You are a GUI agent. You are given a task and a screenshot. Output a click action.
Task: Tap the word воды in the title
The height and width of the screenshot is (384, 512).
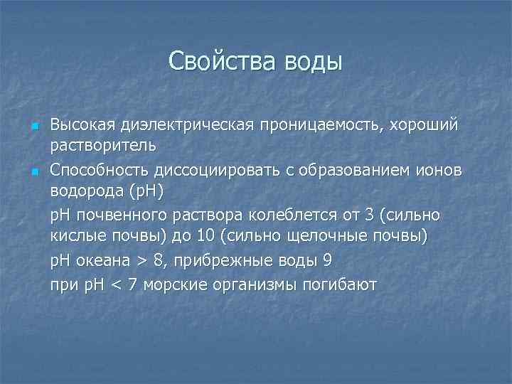click(313, 62)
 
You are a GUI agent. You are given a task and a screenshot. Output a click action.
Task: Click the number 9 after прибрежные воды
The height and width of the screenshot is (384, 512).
click(327, 260)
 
